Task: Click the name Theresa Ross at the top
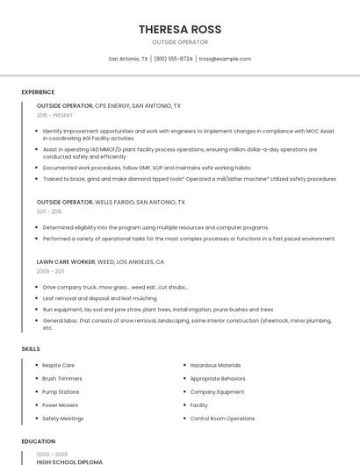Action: pos(179,29)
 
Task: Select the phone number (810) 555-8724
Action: pos(174,59)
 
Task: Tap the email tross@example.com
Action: pos(225,59)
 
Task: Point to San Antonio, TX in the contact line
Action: pos(128,59)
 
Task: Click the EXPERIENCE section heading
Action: pos(38,92)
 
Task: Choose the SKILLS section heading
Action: pos(31,349)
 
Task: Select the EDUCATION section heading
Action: pos(38,441)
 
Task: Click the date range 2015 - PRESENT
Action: pos(54,115)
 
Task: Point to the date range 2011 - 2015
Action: pos(49,211)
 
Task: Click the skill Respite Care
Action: pos(58,365)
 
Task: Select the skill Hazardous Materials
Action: pos(215,365)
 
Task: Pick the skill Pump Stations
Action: pos(61,391)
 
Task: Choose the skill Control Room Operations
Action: pos(222,418)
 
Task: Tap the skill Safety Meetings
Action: pos(62,418)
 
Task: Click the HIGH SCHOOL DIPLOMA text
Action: pos(69,461)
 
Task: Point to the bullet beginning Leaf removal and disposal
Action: pos(99,298)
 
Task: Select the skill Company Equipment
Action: pos(217,391)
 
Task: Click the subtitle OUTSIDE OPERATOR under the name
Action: pos(180,42)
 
